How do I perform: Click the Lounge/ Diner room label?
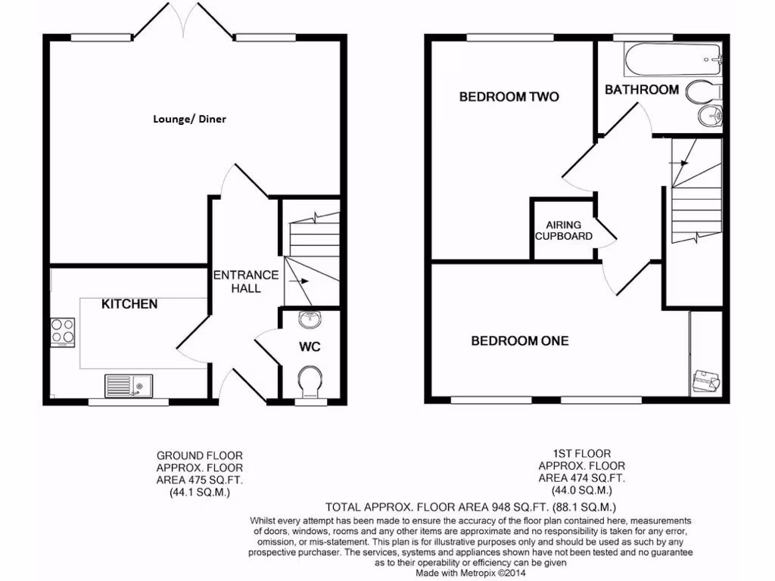189,119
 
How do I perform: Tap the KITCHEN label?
129,304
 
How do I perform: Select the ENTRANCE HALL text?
245,281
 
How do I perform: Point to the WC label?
310,347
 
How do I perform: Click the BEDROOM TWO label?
509,97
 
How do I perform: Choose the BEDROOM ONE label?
519,341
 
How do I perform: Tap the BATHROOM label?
641,90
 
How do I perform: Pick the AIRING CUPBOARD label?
563,231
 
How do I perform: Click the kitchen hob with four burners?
62,331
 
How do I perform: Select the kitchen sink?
128,386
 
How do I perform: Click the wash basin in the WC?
310,321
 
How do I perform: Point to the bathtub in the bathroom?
672,58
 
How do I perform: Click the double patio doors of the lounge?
182,20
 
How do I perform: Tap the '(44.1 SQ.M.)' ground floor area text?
200,492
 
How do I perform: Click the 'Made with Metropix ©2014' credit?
470,573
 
